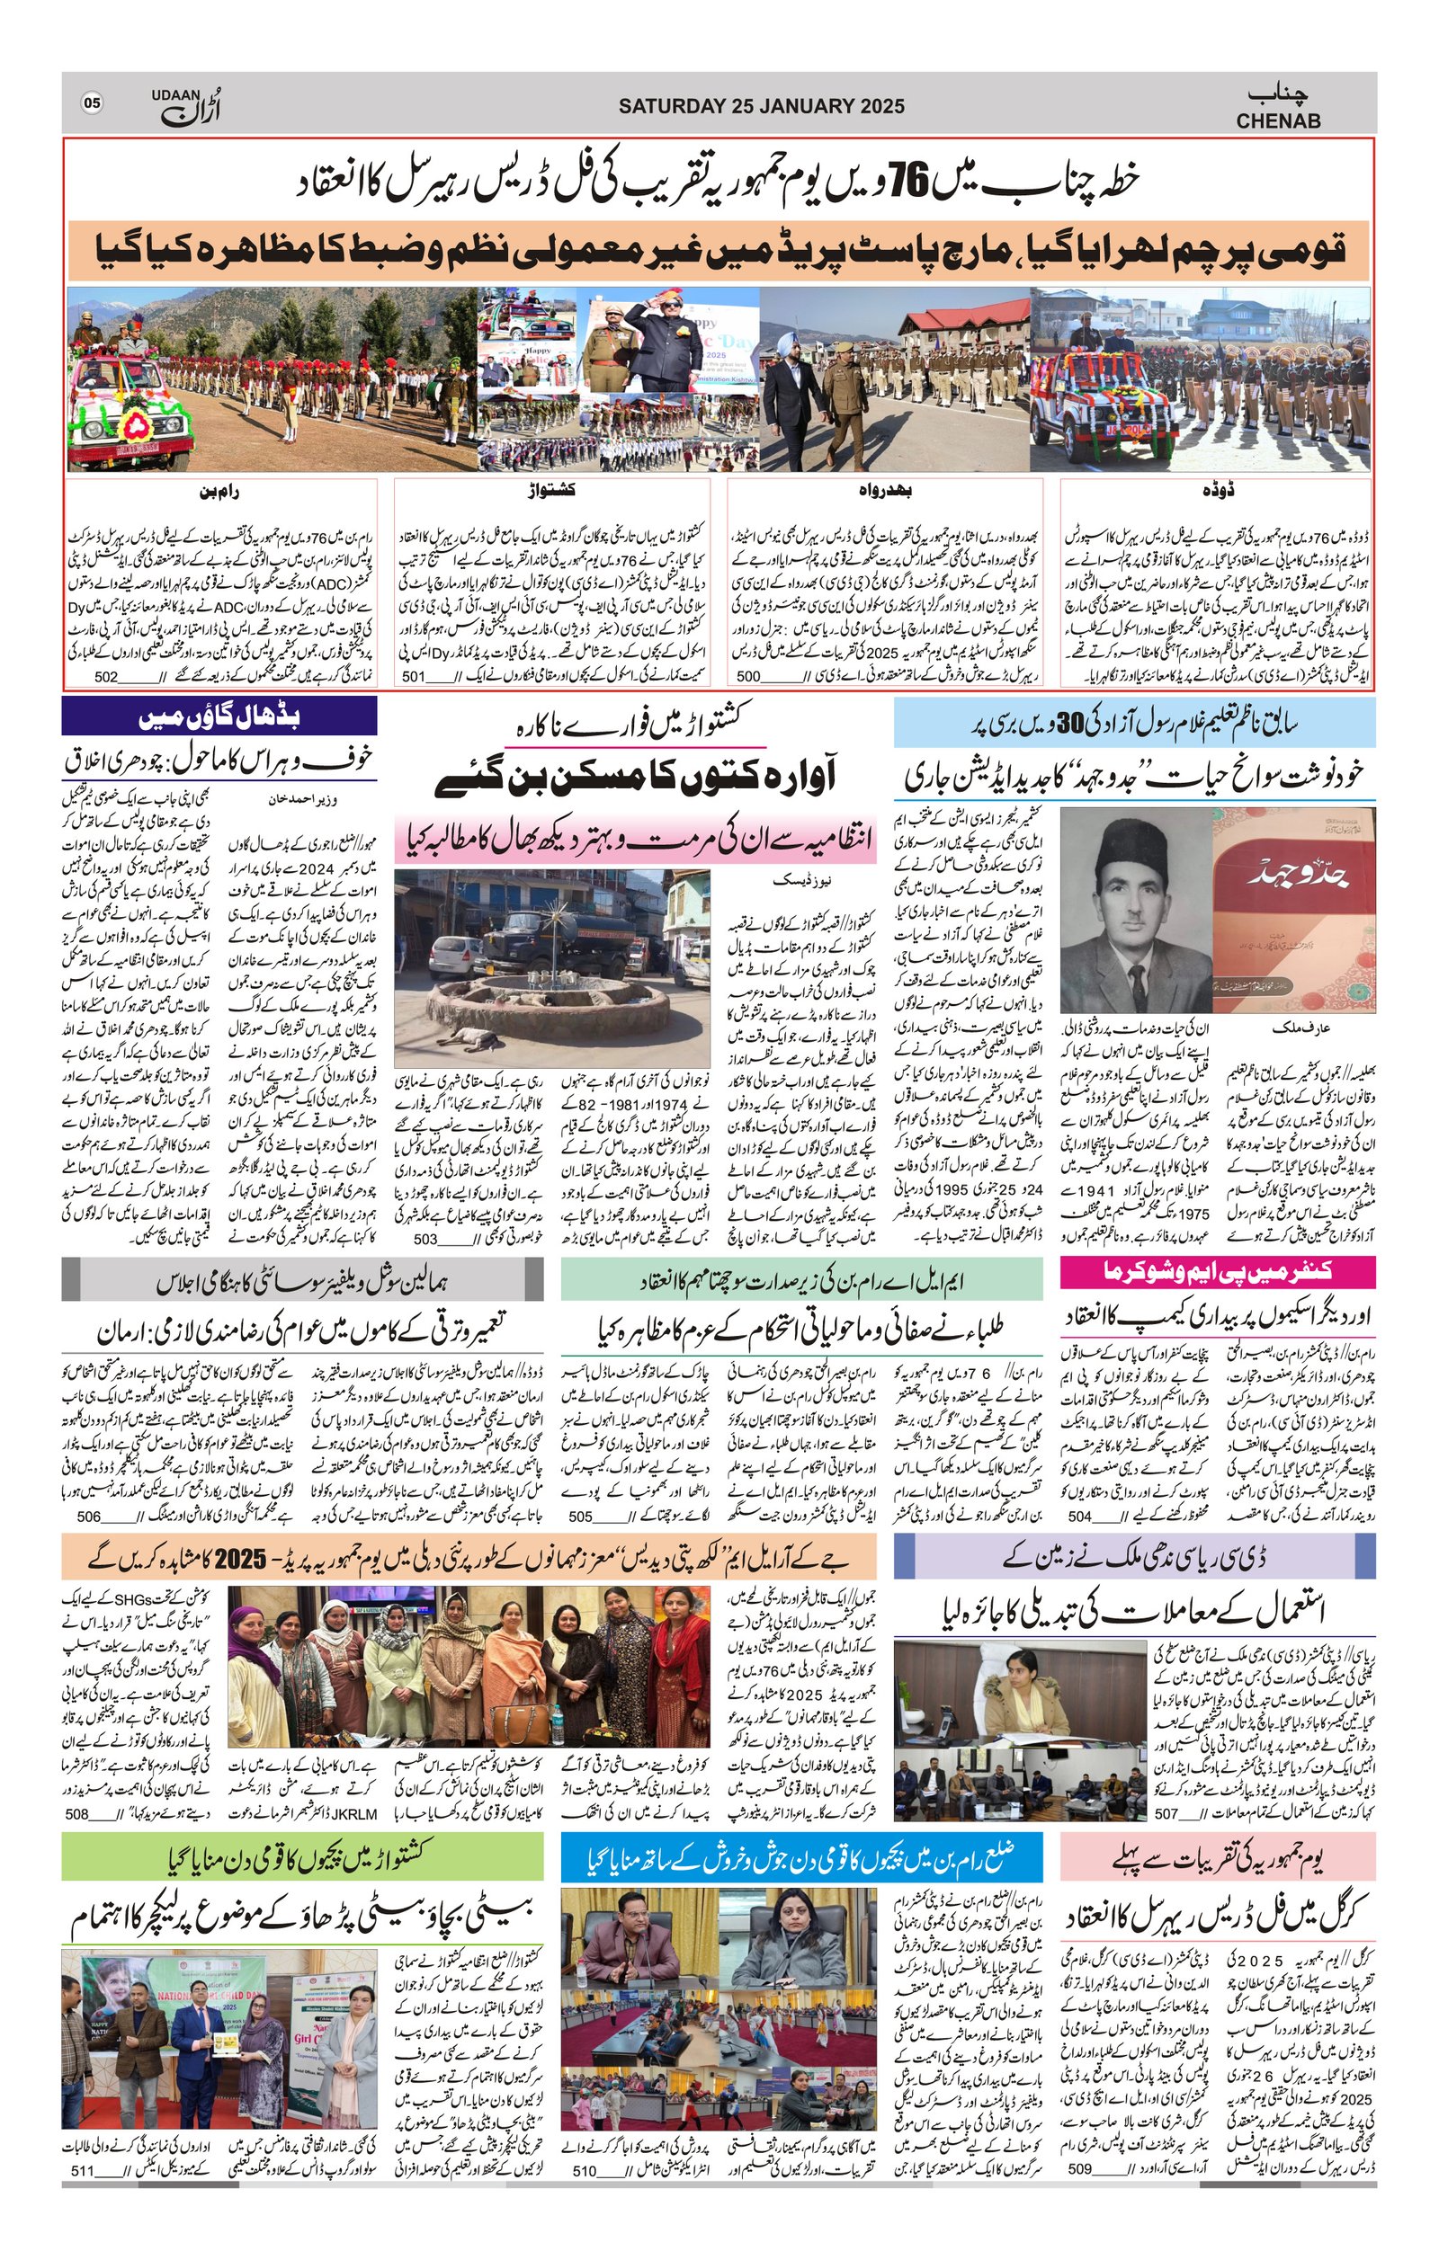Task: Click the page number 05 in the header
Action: click(x=92, y=103)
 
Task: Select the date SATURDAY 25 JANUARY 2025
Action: click(x=761, y=106)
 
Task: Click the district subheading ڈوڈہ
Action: click(x=1218, y=491)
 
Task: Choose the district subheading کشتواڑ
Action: click(x=552, y=491)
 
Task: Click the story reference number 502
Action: click(x=106, y=677)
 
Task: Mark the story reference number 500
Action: click(x=748, y=677)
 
